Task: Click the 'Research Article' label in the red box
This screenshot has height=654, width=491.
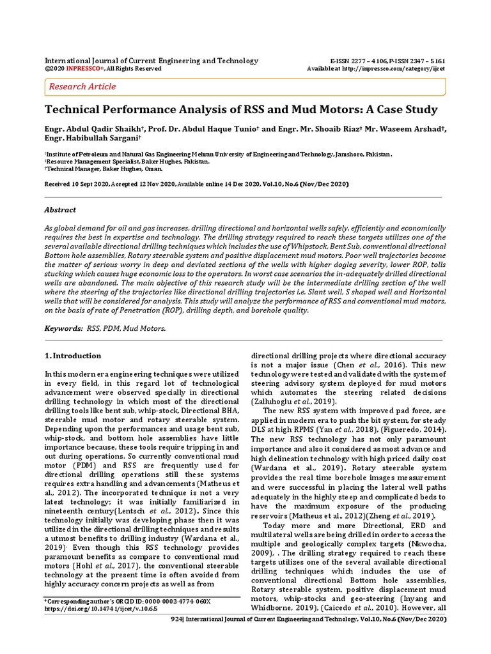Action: coord(83,86)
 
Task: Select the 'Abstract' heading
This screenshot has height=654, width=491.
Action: coord(59,209)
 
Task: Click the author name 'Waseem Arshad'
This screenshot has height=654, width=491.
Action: coord(409,130)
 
